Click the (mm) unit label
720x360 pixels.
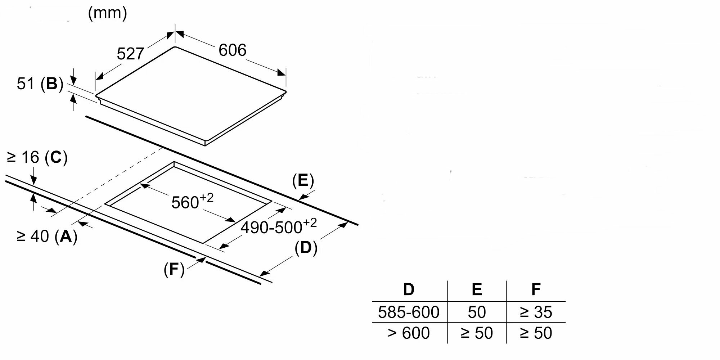pos(108,13)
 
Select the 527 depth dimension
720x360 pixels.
pos(130,54)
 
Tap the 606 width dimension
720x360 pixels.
pos(232,50)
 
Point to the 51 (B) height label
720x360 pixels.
pos(40,84)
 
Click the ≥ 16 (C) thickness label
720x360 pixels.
pos(37,158)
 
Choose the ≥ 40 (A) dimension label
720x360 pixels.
pos(47,236)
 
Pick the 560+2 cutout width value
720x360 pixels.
pos(192,202)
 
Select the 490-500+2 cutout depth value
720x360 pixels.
pos(279,226)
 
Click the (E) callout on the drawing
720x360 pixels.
pos(303,181)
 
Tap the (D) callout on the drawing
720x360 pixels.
pos(306,248)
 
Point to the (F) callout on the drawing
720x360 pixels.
pos(174,269)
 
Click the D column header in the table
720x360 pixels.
pos(409,289)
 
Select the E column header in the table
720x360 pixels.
pos(477,289)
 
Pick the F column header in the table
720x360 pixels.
pos(536,289)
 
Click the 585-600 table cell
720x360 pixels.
pos(409,312)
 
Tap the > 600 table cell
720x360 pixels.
pos(409,333)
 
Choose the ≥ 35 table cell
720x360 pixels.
pos(536,312)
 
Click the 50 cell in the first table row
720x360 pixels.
pos(477,312)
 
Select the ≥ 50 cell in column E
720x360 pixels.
pos(477,333)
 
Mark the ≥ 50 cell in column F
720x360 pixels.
pos(536,333)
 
